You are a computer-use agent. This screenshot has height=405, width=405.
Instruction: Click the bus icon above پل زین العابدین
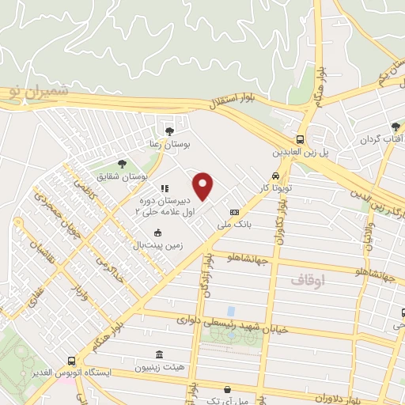[300, 136]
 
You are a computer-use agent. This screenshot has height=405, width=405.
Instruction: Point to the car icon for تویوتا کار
[274, 176]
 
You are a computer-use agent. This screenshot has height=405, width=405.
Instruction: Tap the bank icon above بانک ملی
[234, 212]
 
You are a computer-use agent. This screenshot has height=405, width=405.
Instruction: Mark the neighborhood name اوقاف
[306, 279]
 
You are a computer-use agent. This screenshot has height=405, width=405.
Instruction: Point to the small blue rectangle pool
[230, 311]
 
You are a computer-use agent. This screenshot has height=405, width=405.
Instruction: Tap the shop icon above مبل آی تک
[228, 389]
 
